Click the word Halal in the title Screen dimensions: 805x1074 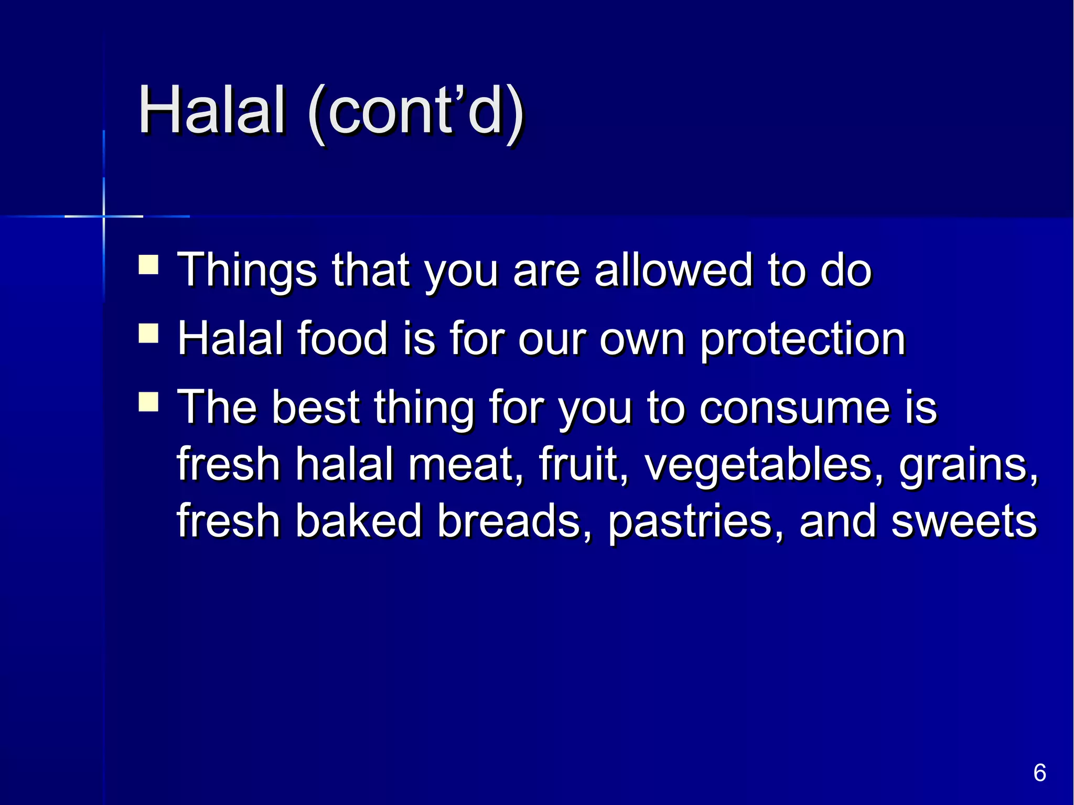pos(212,111)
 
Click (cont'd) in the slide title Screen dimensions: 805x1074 pos(416,112)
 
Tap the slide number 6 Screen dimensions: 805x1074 pos(1039,773)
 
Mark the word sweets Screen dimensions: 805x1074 pos(964,522)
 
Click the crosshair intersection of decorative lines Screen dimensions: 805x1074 pos(104,216)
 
